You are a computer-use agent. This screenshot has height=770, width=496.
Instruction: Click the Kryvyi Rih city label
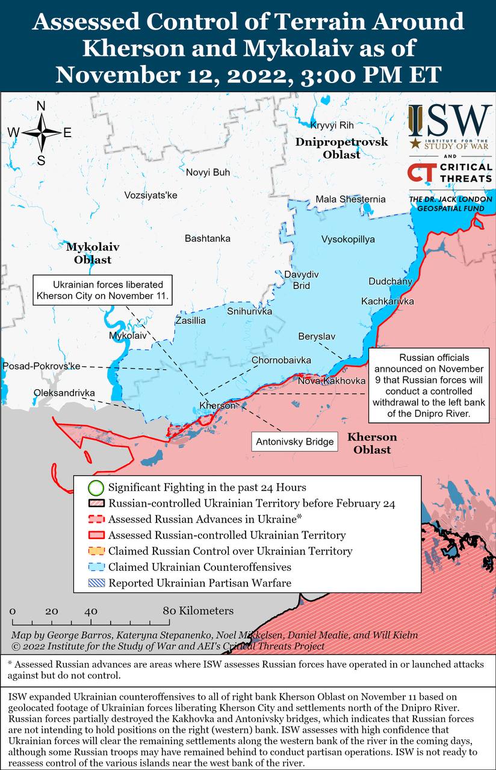tap(332, 125)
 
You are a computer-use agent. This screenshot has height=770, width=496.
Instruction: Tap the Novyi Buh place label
tap(208, 173)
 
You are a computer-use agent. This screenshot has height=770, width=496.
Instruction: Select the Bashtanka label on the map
tap(207, 239)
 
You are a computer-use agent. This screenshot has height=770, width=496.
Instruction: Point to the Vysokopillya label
tap(348, 239)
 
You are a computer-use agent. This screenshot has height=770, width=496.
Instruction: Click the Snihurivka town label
tap(250, 311)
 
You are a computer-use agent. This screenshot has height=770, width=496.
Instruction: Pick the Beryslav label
tap(317, 336)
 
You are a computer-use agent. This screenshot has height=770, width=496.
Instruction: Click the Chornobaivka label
tap(281, 360)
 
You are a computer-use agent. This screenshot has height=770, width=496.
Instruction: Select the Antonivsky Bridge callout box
tap(294, 442)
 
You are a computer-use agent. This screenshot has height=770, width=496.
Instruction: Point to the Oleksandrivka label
tap(64, 393)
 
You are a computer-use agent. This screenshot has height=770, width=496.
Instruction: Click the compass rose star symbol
tap(42, 133)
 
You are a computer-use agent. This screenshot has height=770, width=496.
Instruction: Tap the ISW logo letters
tap(457, 121)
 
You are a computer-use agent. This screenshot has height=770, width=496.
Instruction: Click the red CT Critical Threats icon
tap(420, 173)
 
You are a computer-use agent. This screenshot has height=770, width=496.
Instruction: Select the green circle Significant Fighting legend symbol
tap(96, 487)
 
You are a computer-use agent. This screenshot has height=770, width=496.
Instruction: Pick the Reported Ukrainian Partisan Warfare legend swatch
tap(96, 583)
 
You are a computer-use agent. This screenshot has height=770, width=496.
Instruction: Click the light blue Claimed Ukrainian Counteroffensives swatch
tap(96, 567)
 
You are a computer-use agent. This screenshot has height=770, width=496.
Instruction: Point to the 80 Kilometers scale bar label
tap(198, 611)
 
